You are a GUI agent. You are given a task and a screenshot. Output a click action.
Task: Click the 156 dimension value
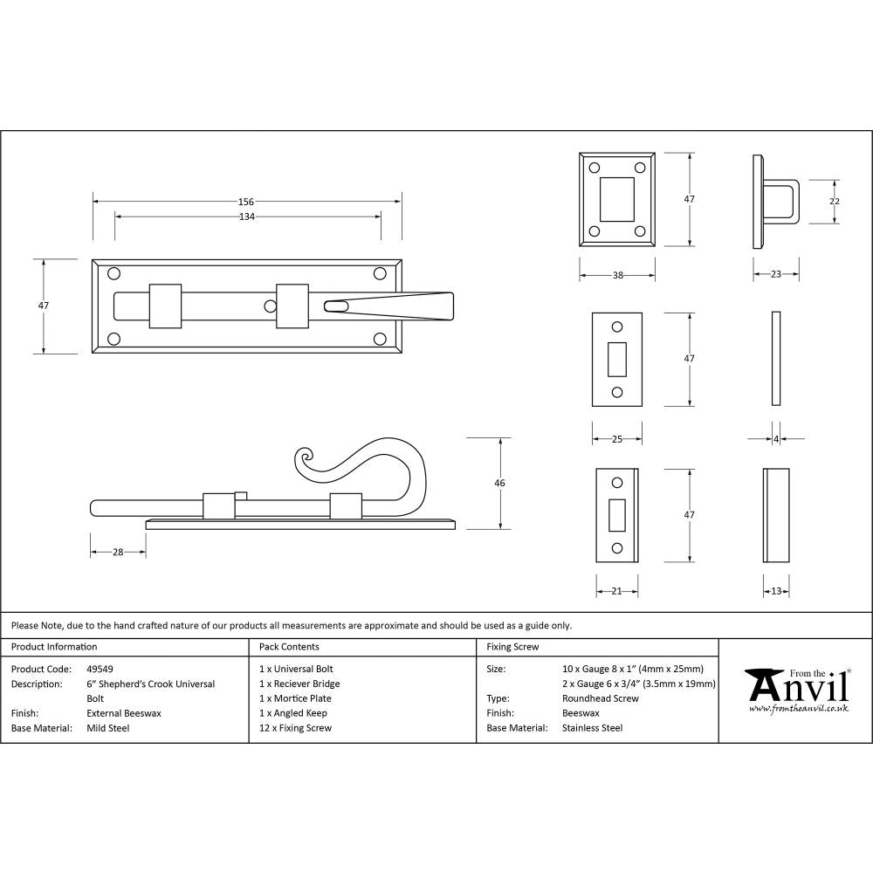pyautogui.click(x=247, y=202)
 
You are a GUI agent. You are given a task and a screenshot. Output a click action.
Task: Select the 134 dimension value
pyautogui.click(x=247, y=217)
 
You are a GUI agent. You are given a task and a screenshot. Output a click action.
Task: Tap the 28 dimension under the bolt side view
pyautogui.click(x=118, y=552)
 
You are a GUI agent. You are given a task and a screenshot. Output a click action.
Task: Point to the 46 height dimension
pyautogui.click(x=499, y=483)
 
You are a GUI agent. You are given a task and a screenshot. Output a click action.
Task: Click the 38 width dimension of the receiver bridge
pyautogui.click(x=617, y=275)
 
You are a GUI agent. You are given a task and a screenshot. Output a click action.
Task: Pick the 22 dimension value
pyautogui.click(x=834, y=202)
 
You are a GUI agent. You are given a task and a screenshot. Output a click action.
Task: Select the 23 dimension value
pyautogui.click(x=776, y=275)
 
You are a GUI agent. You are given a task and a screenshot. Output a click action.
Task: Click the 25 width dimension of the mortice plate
pyautogui.click(x=616, y=439)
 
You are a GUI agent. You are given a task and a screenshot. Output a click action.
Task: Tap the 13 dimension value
pyautogui.click(x=776, y=591)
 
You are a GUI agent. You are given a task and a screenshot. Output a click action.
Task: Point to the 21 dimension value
pyautogui.click(x=616, y=591)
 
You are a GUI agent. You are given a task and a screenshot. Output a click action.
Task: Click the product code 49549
pyautogui.click(x=101, y=670)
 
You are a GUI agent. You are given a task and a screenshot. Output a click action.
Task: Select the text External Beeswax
pyautogui.click(x=123, y=713)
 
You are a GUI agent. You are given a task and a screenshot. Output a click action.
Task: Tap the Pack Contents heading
pyautogui.click(x=289, y=647)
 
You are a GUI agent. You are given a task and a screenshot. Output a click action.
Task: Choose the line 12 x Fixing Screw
pyautogui.click(x=295, y=728)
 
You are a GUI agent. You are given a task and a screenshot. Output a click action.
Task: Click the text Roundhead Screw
pyautogui.click(x=600, y=698)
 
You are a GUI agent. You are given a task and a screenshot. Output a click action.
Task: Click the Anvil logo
pyautogui.click(x=796, y=690)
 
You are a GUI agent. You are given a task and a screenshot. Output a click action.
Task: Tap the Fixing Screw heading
pyautogui.click(x=512, y=647)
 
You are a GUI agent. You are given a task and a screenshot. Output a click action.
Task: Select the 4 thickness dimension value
pyautogui.click(x=776, y=439)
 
